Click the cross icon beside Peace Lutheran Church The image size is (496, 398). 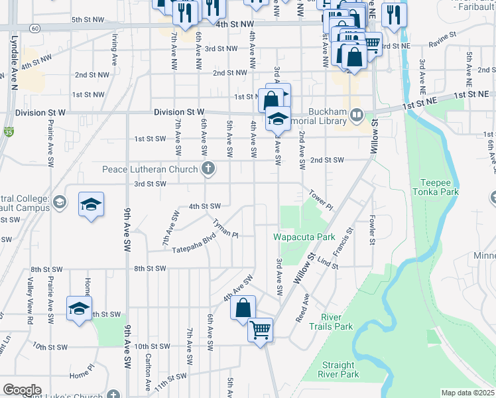pyautogui.click(x=208, y=168)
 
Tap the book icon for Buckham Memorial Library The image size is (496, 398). pyautogui.click(x=357, y=117)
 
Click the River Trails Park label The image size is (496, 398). pyautogui.click(x=336, y=322)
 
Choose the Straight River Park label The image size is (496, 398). pyautogui.click(x=340, y=370)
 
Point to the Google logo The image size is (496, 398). pyautogui.click(x=21, y=390)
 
